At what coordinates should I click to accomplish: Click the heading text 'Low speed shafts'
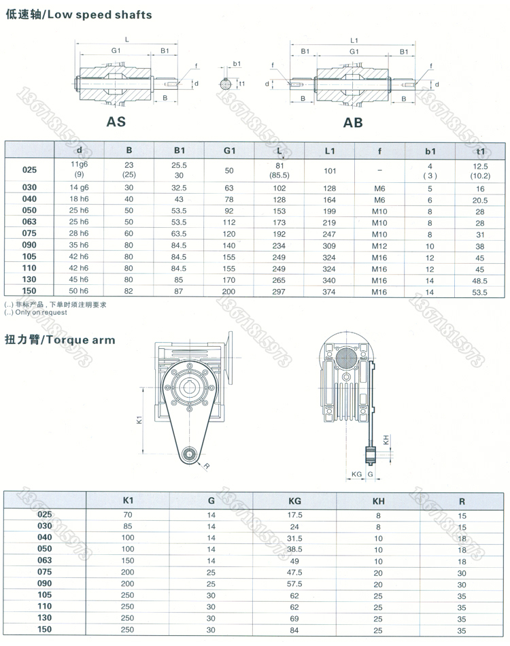point(109,14)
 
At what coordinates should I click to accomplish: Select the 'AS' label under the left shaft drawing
point(116,122)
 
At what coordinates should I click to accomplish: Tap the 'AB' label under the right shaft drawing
point(353,122)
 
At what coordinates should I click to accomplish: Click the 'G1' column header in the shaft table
point(229,150)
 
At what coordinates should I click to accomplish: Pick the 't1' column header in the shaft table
point(481,150)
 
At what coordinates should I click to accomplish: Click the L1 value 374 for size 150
point(330,292)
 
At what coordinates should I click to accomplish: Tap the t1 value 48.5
point(481,280)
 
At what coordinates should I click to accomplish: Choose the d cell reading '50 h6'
point(80,292)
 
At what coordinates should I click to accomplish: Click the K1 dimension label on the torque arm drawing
point(139,421)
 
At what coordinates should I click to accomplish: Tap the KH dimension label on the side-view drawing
point(386,440)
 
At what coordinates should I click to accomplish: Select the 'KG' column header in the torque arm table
point(294,500)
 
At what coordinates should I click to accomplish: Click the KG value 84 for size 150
point(294,630)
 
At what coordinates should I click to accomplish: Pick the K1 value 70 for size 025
point(128,515)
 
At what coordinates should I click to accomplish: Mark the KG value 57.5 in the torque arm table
point(294,584)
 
